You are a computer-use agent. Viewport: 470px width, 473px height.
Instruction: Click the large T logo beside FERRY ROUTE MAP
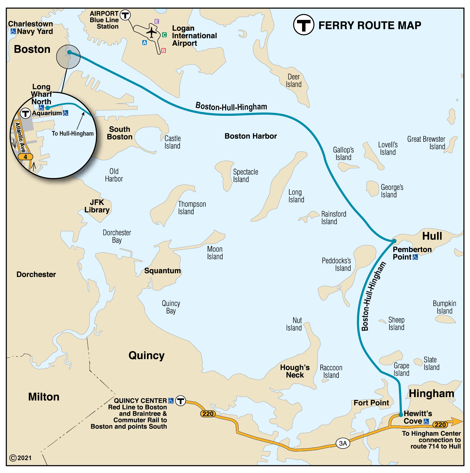[303, 25]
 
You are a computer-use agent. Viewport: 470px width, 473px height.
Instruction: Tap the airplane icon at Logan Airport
[151, 32]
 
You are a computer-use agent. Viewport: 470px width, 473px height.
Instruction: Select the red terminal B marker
[163, 51]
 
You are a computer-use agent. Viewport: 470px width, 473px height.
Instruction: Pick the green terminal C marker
[164, 35]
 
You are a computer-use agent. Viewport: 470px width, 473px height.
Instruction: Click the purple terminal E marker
[156, 21]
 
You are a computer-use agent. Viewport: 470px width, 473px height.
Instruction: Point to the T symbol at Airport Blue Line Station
[125, 15]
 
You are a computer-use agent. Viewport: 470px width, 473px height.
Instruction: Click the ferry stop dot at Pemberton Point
[394, 241]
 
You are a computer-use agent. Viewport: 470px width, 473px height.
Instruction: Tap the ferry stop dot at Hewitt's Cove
[401, 415]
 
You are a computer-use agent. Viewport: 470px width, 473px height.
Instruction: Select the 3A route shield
[343, 443]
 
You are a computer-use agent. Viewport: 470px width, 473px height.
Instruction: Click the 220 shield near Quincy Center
[208, 414]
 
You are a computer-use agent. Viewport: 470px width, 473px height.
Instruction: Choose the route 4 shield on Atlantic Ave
[25, 157]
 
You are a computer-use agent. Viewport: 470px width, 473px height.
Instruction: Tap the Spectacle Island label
[245, 176]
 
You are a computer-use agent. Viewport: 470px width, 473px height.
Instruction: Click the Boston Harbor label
[250, 136]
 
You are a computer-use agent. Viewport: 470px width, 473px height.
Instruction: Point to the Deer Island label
[293, 81]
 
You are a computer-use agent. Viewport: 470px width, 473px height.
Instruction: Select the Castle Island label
[172, 142]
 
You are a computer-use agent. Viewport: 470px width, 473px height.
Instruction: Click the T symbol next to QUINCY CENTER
[180, 401]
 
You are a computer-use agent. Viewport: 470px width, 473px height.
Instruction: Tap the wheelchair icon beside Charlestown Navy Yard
[13, 31]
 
